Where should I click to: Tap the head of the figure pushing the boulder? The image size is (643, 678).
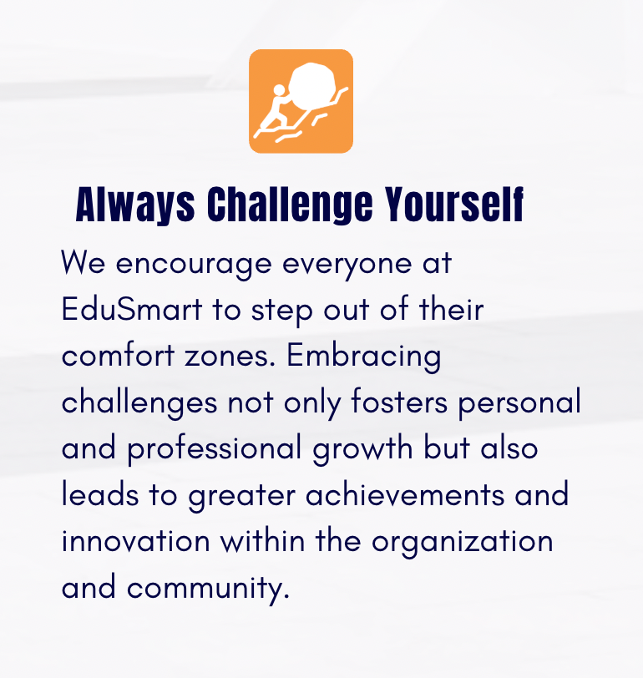[280, 90]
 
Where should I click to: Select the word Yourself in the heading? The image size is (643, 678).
[454, 204]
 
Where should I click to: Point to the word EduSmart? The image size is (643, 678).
[132, 309]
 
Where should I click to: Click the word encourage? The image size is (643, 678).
[194, 265]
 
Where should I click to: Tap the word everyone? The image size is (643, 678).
[347, 265]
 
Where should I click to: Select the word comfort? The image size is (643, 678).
[118, 356]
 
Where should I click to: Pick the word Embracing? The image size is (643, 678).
[364, 357]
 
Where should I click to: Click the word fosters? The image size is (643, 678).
[399, 402]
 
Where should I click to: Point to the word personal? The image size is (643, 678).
[519, 403]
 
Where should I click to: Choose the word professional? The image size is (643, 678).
[215, 449]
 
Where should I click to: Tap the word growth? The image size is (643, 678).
[362, 449]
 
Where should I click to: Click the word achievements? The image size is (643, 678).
[405, 494]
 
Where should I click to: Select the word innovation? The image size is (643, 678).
[136, 540]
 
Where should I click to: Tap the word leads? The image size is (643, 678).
[100, 493]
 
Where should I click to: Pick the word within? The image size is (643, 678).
[262, 540]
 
